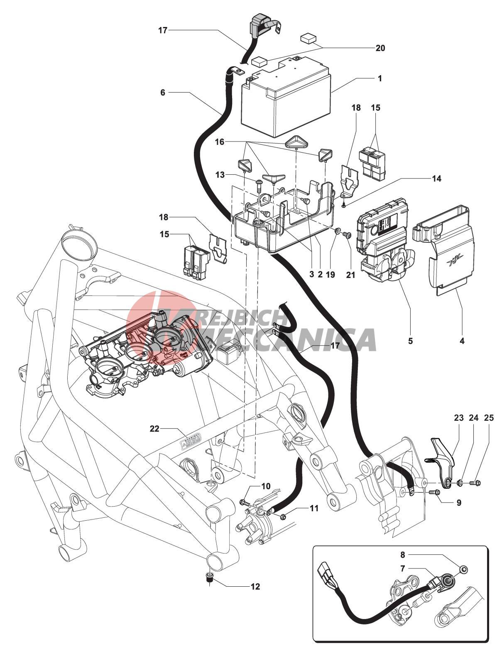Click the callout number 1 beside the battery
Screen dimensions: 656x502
[x=380, y=78]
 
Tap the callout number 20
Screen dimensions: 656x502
[x=380, y=48]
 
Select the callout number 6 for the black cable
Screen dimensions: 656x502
[x=163, y=93]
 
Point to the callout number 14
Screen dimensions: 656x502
[x=436, y=178]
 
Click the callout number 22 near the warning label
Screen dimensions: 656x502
[x=154, y=429]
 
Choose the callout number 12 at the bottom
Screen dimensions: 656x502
[x=255, y=586]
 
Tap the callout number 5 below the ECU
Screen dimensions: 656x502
[x=410, y=341]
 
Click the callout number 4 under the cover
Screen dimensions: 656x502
[x=462, y=341]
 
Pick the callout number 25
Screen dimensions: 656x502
[x=489, y=418]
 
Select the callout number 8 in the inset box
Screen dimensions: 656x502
[x=403, y=555]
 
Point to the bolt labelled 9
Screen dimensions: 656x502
[x=436, y=492]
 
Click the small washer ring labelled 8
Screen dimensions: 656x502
[x=464, y=570]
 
